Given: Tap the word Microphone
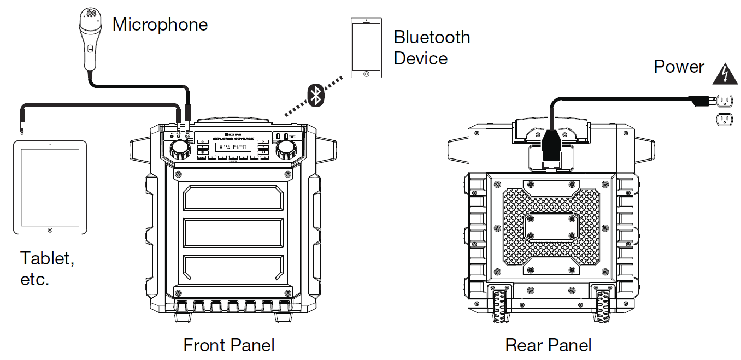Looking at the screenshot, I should (160, 25).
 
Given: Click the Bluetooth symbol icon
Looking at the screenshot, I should (315, 95).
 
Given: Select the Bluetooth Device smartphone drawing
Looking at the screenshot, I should (366, 49).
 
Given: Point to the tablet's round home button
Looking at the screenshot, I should (50, 231).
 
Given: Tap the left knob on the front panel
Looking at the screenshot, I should (179, 149).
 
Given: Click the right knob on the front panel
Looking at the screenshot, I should (286, 149).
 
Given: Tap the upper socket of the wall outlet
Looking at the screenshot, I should (725, 100).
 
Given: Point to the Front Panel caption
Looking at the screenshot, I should (229, 345).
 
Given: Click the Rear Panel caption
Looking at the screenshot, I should (548, 345).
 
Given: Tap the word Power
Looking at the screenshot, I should (679, 67).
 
